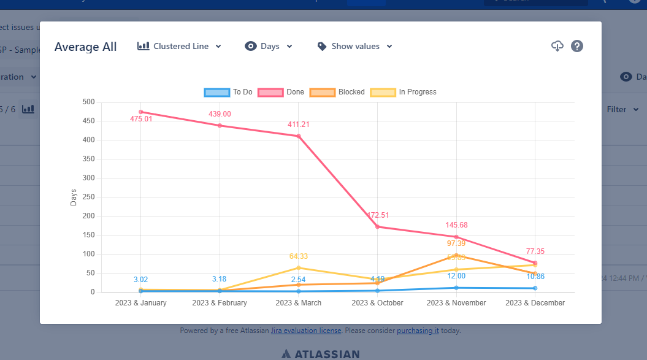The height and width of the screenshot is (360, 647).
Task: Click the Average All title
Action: click(85, 47)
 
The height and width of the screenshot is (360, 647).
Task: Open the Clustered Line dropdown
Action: click(180, 46)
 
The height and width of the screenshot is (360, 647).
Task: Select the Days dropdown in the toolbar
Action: click(269, 46)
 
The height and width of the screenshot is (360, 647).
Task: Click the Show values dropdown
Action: click(355, 46)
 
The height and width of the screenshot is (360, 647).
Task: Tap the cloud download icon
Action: click(557, 46)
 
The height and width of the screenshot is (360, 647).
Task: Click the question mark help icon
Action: click(576, 46)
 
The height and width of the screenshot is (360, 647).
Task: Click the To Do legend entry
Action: click(228, 92)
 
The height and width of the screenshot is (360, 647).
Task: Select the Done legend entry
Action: click(281, 92)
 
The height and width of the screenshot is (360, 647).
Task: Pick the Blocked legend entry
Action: click(337, 92)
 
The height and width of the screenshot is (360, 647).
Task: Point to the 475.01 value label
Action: click(141, 119)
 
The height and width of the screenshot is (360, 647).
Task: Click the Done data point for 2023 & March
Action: click(299, 136)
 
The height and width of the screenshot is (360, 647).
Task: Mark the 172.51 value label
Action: click(378, 215)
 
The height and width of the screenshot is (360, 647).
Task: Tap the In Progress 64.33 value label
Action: click(299, 256)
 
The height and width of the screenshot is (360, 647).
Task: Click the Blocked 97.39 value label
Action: click(456, 243)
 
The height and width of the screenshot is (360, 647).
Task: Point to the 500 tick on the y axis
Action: click(89, 102)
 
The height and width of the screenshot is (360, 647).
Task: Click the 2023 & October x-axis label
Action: click(378, 303)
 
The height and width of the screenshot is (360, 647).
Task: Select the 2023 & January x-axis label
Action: click(140, 303)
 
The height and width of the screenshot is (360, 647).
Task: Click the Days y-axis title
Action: click(74, 197)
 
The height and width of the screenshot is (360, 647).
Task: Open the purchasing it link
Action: click(418, 331)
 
